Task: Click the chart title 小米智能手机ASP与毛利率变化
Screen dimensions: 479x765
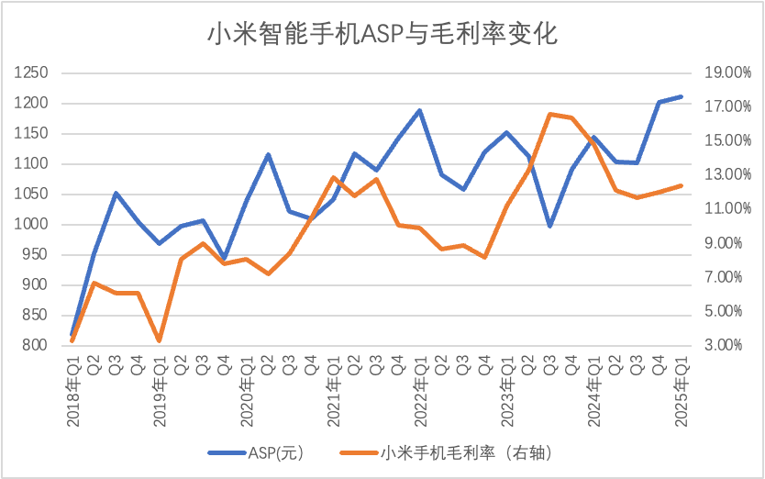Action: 382,35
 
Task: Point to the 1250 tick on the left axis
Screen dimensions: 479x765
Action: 34,73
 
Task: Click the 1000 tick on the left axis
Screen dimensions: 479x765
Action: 34,225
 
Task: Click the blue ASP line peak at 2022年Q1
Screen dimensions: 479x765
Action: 420,110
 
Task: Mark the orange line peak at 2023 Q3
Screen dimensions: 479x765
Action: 550,115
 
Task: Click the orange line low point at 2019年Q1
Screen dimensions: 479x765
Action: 160,340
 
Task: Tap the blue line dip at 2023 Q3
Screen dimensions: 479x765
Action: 550,226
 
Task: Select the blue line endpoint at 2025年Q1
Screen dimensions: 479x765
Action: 681,96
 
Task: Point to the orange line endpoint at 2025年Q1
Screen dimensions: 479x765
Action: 681,185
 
